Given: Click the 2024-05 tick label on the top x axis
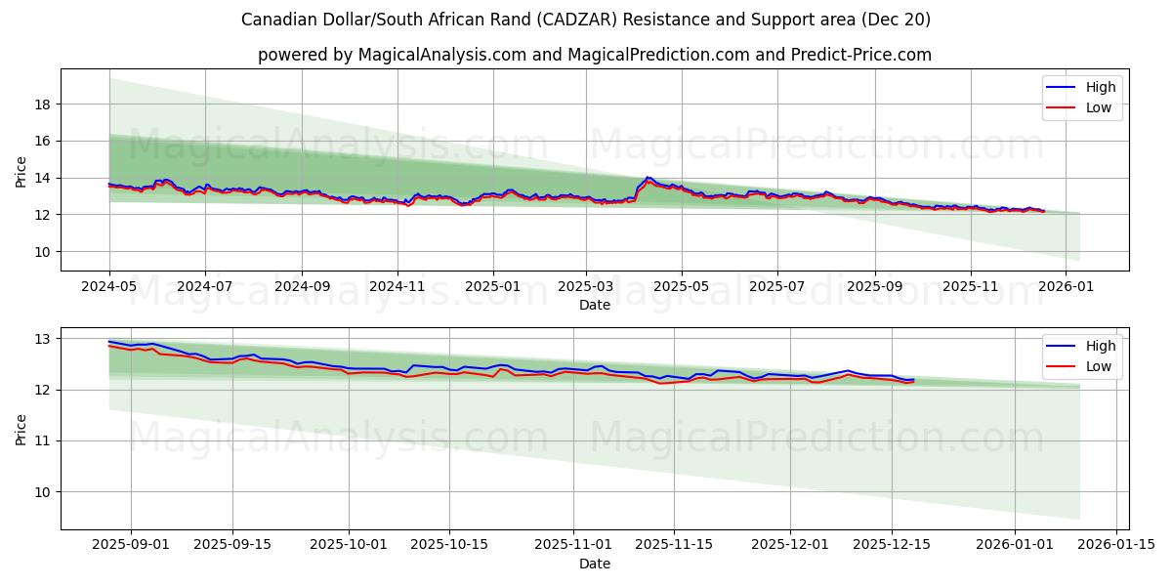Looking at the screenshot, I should (109, 288).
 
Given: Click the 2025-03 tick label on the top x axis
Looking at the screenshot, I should (586, 288).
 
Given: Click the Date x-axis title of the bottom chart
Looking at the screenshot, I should (594, 564).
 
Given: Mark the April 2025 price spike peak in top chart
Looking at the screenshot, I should (647, 177).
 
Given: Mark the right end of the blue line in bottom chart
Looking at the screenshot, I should (913, 379).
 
